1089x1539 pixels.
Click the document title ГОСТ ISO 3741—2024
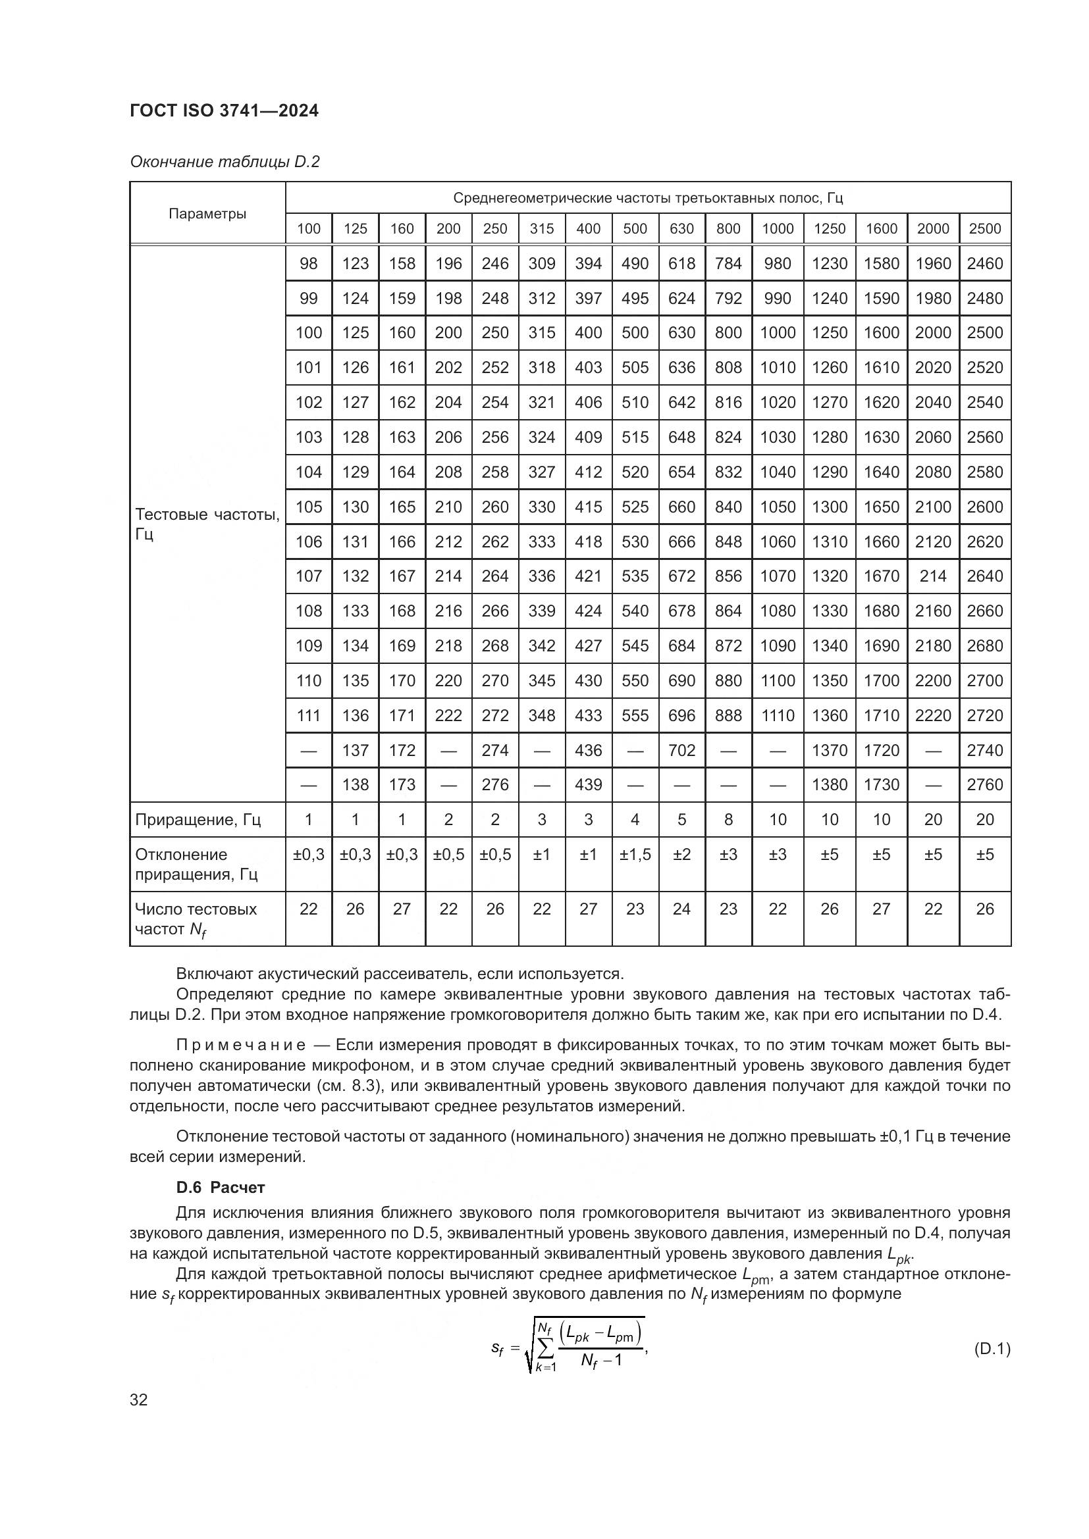click(224, 111)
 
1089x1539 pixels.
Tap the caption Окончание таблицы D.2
click(225, 162)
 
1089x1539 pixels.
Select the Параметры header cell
click(207, 214)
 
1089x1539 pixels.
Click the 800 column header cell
click(728, 228)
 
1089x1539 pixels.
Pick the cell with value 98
click(308, 263)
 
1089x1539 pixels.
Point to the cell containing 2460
click(984, 263)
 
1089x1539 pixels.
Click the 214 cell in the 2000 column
click(933, 576)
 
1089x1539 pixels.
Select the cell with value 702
click(681, 750)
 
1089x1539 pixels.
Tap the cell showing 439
click(588, 784)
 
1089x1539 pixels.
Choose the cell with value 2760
click(984, 784)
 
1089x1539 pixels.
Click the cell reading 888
click(728, 715)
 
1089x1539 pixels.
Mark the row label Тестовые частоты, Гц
click(207, 524)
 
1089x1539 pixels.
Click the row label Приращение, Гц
click(198, 820)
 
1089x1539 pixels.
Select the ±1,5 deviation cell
click(634, 855)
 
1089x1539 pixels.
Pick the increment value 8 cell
click(728, 819)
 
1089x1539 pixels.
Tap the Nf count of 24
click(681, 909)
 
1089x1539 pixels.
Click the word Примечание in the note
click(241, 1046)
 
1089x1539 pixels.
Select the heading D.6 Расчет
click(220, 1187)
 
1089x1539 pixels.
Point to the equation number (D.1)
click(991, 1349)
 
